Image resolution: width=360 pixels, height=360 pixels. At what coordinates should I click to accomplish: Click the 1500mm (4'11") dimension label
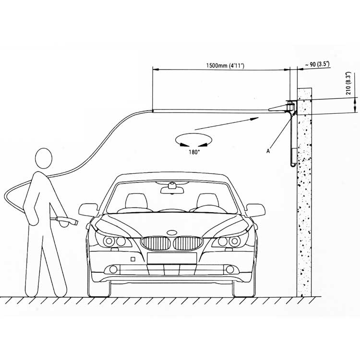[225, 66]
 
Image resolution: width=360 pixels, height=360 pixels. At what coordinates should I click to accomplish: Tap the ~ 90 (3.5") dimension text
[317, 64]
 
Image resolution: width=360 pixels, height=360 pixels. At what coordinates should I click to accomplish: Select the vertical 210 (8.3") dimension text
[348, 84]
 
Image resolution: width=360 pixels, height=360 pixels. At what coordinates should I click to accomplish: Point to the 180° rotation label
[194, 152]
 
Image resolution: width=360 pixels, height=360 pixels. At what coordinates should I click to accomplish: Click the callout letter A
[268, 151]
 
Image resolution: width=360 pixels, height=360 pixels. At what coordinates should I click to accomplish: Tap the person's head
[44, 158]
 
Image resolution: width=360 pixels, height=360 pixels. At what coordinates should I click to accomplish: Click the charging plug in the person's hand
[67, 221]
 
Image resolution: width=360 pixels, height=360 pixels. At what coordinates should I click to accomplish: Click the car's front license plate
[172, 258]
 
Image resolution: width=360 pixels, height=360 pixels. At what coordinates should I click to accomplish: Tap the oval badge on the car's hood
[172, 233]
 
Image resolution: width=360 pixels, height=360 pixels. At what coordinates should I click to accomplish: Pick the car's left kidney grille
[156, 243]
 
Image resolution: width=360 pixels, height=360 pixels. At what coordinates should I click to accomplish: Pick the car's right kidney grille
[188, 243]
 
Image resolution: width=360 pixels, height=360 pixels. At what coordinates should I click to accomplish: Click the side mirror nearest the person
[88, 210]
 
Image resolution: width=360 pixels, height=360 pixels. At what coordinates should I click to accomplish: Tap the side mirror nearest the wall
[256, 210]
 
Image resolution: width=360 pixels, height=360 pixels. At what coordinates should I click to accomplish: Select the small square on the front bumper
[132, 259]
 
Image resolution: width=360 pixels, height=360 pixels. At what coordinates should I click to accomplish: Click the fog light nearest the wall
[230, 269]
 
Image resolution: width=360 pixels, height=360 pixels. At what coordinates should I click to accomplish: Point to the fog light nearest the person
[113, 269]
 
